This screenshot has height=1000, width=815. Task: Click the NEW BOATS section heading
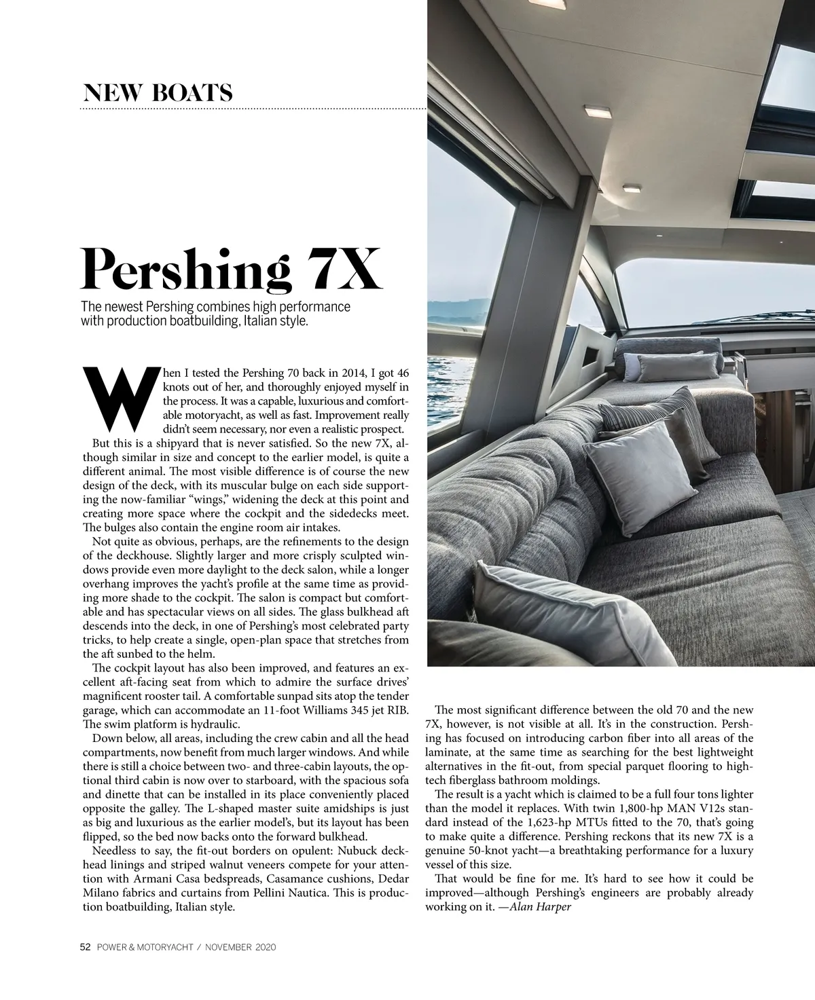click(158, 92)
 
